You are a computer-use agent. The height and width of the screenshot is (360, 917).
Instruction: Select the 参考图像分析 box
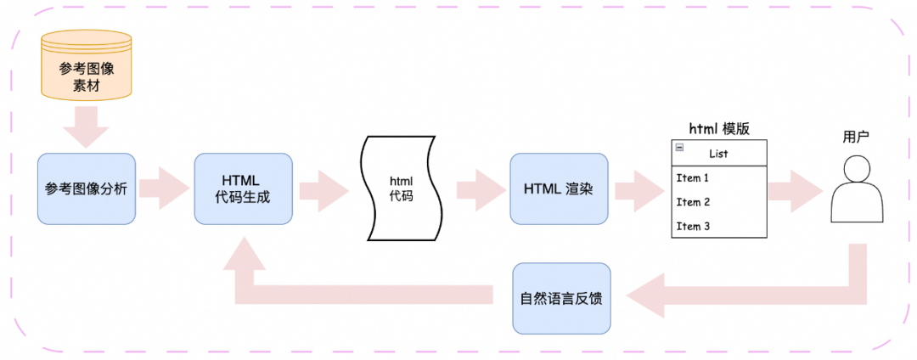tap(86, 188)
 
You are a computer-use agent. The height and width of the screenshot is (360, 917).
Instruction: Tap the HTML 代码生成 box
tap(242, 188)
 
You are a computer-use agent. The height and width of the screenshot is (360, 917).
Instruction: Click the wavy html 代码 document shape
tap(400, 188)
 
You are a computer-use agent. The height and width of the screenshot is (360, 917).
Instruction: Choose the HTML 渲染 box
tap(558, 188)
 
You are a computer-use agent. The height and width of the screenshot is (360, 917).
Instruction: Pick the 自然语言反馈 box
tap(561, 298)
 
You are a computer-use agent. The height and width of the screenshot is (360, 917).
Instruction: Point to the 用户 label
tap(856, 138)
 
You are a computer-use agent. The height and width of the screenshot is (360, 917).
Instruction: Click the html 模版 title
tap(718, 128)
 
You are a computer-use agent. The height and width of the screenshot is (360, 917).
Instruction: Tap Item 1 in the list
tap(693, 178)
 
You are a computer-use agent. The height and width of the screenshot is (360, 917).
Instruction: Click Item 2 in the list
tap(693, 202)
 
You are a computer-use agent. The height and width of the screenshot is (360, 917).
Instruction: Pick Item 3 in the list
tap(693, 226)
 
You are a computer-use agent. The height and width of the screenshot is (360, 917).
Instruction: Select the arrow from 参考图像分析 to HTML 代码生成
tap(165, 188)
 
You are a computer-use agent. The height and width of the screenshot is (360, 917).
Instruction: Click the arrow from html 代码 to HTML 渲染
tap(479, 188)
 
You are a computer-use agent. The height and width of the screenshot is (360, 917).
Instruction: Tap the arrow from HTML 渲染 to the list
tap(639, 188)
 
